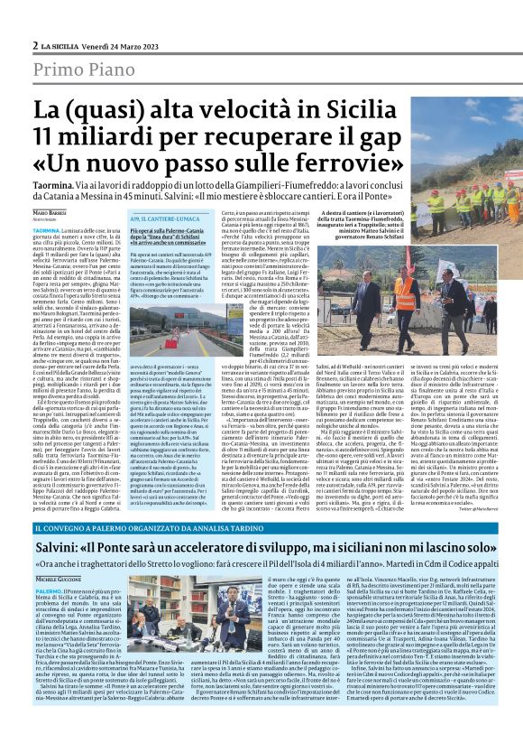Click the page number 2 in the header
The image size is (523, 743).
tap(35, 45)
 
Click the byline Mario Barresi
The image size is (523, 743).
tap(77, 211)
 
